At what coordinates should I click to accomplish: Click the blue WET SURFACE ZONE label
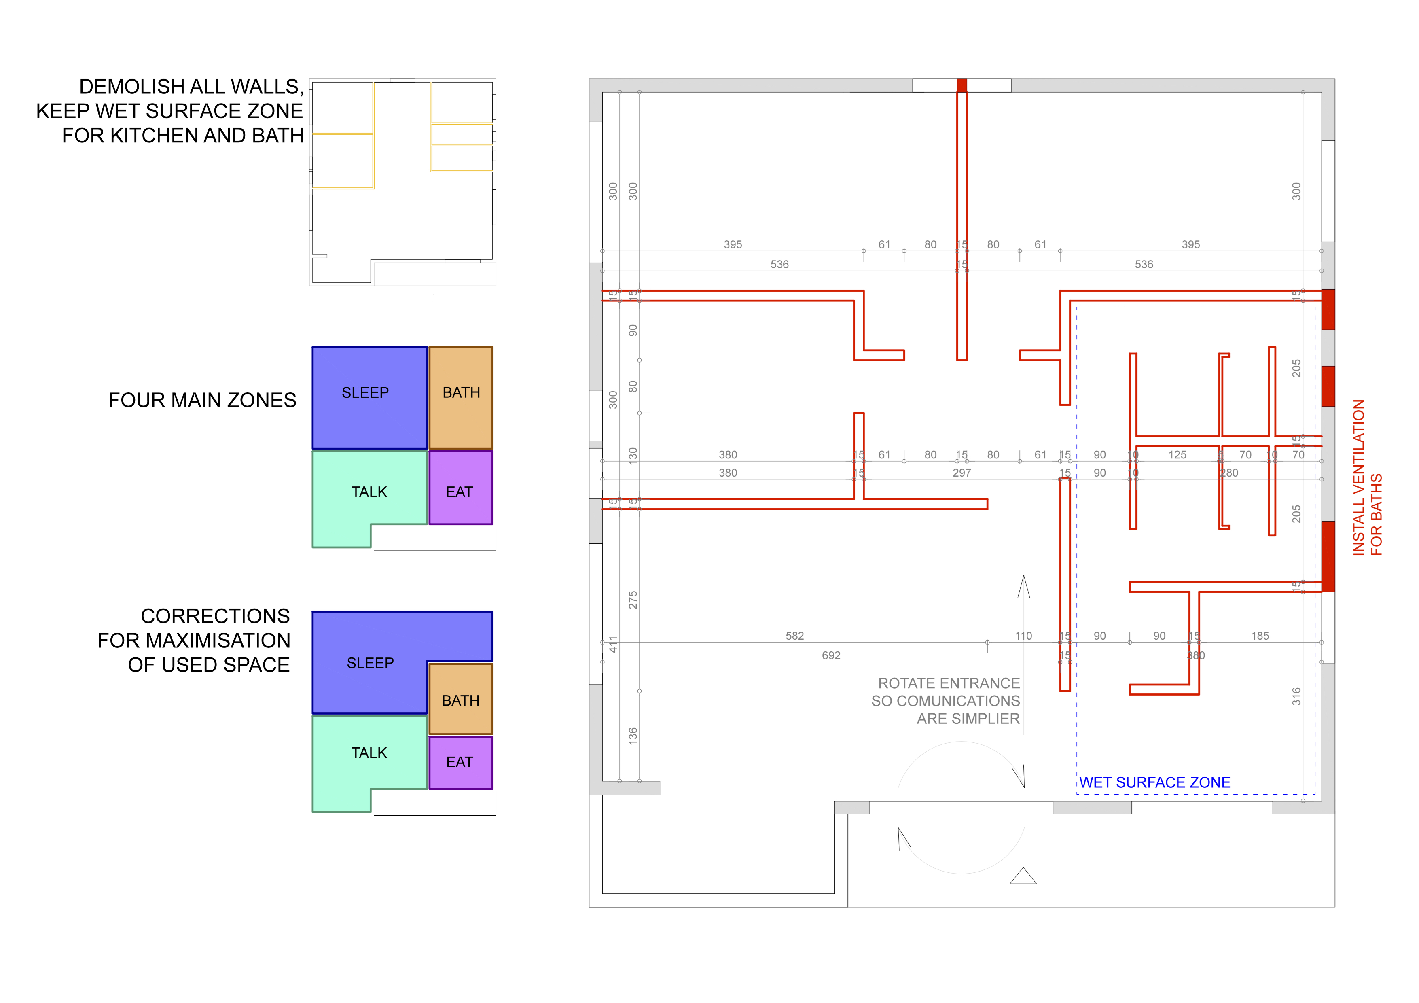(1154, 782)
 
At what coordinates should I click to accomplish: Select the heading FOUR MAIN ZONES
(202, 401)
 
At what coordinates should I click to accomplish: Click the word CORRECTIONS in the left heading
(215, 616)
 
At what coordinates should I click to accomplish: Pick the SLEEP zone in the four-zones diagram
(365, 393)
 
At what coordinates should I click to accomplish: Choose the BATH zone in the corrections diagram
(460, 701)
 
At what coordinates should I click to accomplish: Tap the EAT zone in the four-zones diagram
(459, 492)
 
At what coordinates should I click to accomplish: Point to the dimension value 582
(795, 636)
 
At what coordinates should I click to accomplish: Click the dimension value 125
(1178, 455)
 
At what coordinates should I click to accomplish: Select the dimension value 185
(1260, 636)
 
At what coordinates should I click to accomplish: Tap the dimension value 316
(1296, 696)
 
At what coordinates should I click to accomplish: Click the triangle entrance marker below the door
(1023, 876)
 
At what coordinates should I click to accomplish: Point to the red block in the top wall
(962, 85)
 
